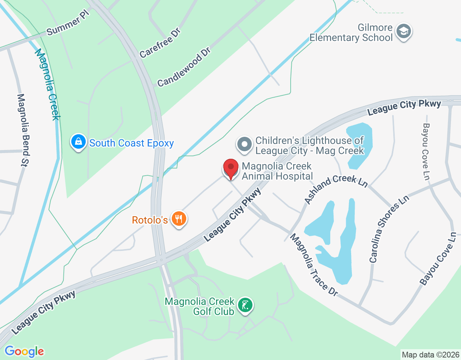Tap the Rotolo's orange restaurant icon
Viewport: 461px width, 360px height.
click(179, 219)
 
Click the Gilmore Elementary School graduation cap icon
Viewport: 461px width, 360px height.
click(404, 32)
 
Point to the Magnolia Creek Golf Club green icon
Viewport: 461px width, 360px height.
click(245, 305)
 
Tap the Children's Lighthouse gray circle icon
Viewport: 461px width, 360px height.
click(245, 144)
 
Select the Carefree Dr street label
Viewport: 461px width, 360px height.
click(160, 43)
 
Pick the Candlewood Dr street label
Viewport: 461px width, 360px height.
click(184, 67)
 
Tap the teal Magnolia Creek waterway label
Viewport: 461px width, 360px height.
click(48, 85)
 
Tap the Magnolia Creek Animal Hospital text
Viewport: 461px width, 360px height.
click(277, 171)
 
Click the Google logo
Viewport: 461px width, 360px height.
click(24, 351)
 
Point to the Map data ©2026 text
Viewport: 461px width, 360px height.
click(430, 355)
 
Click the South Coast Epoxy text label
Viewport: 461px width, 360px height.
click(131, 143)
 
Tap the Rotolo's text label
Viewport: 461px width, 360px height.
click(150, 220)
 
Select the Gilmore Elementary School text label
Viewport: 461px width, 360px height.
click(351, 32)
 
